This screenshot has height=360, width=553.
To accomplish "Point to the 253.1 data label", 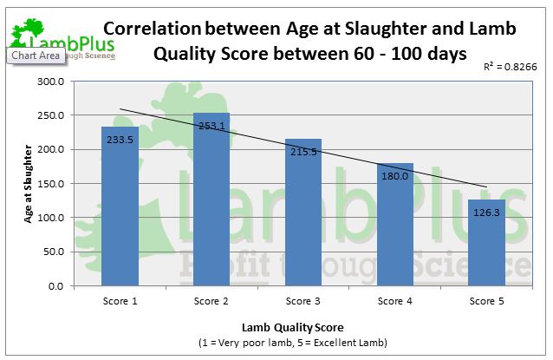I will coord(211,126).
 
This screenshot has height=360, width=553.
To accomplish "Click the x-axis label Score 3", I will coord(303,301).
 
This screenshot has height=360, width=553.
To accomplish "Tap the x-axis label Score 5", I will coord(487,301).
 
